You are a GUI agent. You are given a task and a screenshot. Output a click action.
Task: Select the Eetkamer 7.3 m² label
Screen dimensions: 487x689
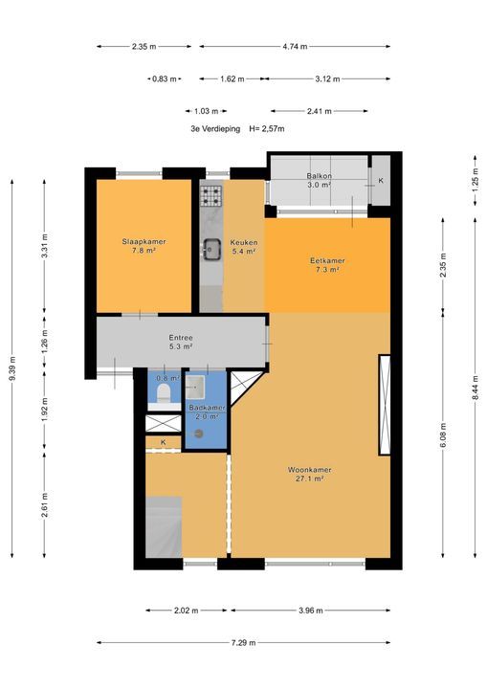(x=327, y=265)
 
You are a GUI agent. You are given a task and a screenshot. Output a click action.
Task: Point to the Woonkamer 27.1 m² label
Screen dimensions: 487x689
(x=310, y=474)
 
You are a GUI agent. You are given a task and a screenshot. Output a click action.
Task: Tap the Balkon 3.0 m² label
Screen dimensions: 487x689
(x=320, y=181)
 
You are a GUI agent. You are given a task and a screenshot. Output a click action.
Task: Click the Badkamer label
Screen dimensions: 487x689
(x=207, y=408)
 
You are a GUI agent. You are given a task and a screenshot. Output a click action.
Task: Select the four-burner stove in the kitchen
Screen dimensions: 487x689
(x=211, y=196)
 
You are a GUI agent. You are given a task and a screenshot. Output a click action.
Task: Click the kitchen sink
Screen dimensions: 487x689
(x=211, y=249)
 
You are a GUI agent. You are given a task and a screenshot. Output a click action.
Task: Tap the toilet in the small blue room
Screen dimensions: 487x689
(x=164, y=393)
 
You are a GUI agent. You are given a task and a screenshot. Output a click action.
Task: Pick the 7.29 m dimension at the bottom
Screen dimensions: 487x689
(x=243, y=642)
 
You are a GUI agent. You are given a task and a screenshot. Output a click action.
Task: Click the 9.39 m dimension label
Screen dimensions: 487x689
(x=11, y=368)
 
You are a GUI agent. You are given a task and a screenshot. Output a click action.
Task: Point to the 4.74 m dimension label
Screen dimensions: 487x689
(x=295, y=46)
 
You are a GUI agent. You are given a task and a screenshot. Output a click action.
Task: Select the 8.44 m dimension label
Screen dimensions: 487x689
(x=476, y=389)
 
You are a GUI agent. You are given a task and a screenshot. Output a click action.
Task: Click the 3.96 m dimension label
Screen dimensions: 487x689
(x=311, y=611)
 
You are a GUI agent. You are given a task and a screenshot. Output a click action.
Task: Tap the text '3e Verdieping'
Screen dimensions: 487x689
(x=215, y=129)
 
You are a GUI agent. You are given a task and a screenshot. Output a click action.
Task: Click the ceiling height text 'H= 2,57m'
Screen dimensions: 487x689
(x=267, y=129)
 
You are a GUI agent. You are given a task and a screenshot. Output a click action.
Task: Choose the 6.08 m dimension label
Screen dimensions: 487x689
(x=443, y=435)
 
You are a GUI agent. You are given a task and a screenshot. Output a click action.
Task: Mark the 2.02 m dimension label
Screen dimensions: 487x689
(x=187, y=611)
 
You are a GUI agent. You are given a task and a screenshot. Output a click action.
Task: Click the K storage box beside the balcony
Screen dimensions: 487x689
(x=381, y=180)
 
